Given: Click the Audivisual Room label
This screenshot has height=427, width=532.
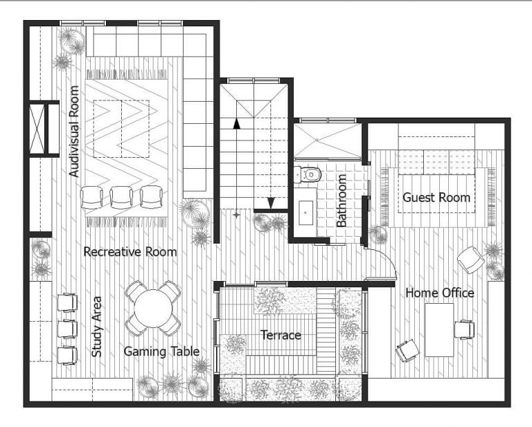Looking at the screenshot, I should (x=75, y=131).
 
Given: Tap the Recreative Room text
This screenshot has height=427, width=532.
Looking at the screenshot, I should (x=130, y=252).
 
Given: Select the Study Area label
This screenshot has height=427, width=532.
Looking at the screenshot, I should (x=97, y=327).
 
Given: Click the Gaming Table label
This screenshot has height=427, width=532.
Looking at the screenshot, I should (x=161, y=352).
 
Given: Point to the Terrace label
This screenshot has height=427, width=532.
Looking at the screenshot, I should (x=281, y=335).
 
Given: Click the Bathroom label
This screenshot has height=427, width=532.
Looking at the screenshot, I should (x=342, y=201).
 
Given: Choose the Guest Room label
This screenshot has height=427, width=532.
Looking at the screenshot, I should (x=436, y=197).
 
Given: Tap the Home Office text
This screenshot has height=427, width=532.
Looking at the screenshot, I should (x=440, y=293).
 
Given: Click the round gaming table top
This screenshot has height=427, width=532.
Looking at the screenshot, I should (x=153, y=308).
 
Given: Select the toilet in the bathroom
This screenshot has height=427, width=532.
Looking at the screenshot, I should (x=312, y=174).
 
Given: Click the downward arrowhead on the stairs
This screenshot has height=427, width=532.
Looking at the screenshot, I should (x=272, y=203).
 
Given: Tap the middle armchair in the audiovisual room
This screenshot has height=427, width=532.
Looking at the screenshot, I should (x=122, y=197).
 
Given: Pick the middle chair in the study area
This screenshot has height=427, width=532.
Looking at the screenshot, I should (x=66, y=327).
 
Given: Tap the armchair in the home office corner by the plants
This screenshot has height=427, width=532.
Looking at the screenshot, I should (x=471, y=260).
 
